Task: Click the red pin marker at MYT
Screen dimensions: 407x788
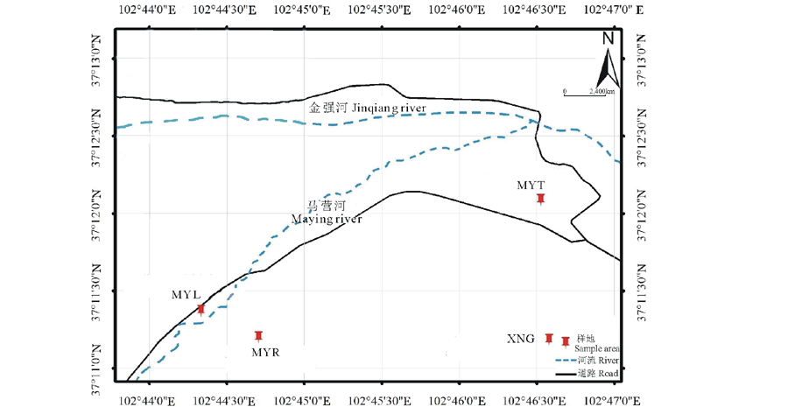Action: [x=541, y=200]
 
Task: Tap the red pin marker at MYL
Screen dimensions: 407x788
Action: [x=201, y=309]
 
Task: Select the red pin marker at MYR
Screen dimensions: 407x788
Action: [x=258, y=335]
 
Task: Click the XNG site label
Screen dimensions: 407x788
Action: [x=520, y=339]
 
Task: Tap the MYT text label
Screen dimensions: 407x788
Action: [x=531, y=185]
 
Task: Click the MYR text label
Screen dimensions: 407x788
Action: [x=265, y=352]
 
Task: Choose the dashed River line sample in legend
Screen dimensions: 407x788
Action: [x=566, y=360]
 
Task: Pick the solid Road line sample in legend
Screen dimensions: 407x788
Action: [x=566, y=374]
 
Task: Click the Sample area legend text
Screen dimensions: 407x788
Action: [x=598, y=348]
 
